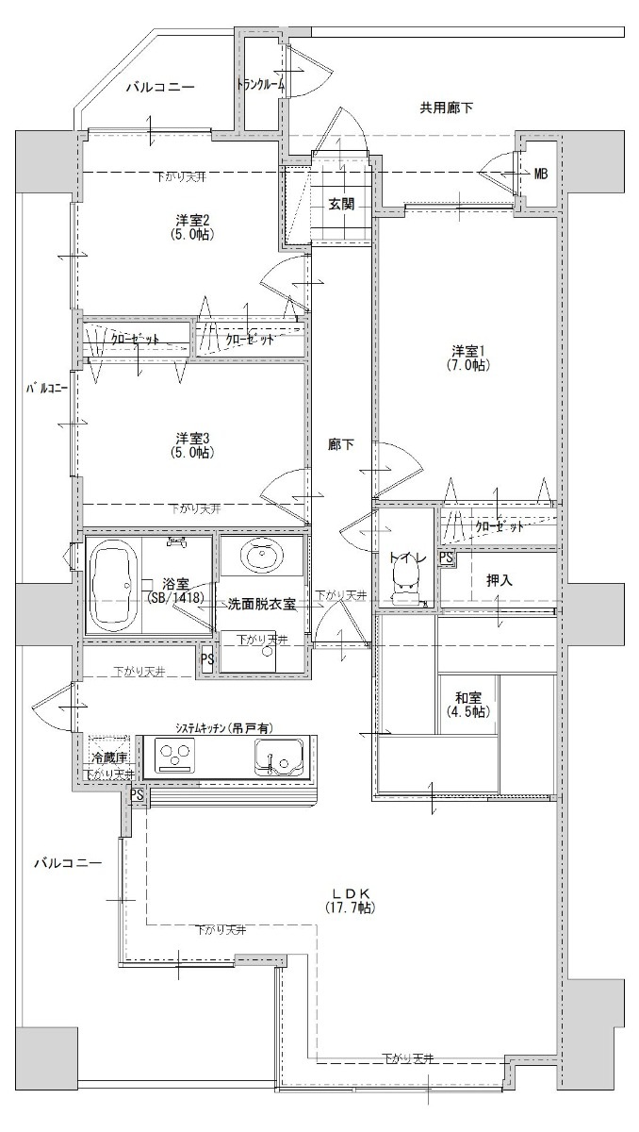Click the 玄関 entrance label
(x=341, y=204)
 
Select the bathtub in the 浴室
(x=113, y=585)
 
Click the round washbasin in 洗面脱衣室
(x=262, y=555)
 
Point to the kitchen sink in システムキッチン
(x=279, y=756)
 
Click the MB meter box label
(x=541, y=175)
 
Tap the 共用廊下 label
(x=446, y=108)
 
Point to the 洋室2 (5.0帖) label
(x=192, y=227)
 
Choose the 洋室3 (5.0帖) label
(x=192, y=444)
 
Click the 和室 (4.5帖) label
(x=467, y=705)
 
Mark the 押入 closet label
(x=500, y=581)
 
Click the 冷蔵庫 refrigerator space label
(x=108, y=757)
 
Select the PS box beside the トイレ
(x=446, y=558)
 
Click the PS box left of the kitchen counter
(x=137, y=795)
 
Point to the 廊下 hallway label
(x=340, y=444)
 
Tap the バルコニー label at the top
(x=160, y=87)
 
